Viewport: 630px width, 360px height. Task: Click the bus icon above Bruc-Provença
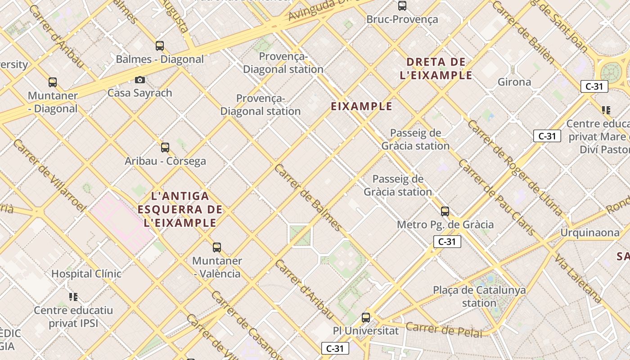402,6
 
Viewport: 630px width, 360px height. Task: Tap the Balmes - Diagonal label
160,59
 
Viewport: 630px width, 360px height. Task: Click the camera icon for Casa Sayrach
140,80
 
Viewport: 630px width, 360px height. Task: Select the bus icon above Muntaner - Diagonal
53,82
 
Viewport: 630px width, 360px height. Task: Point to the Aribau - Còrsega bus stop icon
165,147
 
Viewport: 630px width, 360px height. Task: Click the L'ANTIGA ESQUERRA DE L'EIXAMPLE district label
180,209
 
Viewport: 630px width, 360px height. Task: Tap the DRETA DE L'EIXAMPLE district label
436,68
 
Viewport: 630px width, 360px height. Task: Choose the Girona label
514,82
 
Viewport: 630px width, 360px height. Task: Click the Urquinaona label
589,233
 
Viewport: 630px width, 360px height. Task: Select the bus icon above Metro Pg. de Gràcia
445,211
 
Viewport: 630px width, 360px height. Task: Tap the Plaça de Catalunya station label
479,296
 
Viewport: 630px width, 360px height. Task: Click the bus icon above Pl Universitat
366,318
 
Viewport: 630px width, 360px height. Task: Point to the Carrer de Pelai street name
444,330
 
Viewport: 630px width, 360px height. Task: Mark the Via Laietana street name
578,279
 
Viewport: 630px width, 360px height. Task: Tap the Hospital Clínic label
86,274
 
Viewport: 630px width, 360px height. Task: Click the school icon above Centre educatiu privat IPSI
73,297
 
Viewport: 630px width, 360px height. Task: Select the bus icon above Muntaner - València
217,247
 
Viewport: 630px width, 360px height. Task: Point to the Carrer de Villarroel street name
49,175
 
